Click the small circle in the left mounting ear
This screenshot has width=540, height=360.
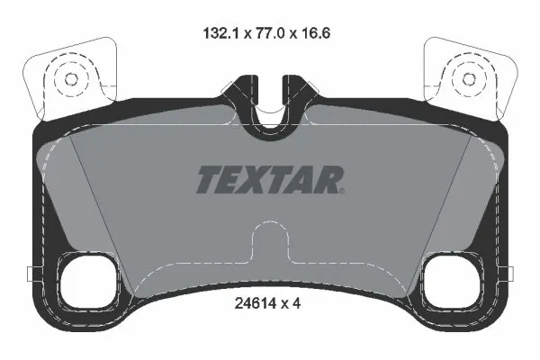click(67, 79)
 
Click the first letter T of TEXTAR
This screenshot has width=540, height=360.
click(207, 180)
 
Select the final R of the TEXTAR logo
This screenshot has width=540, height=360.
click(327, 180)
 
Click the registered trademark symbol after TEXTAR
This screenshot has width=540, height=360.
click(342, 189)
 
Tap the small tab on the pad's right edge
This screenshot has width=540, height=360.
click(509, 274)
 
